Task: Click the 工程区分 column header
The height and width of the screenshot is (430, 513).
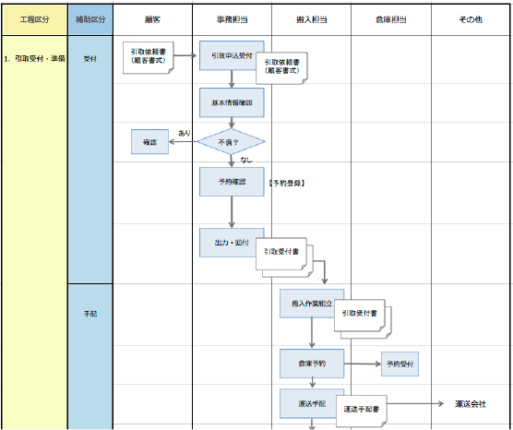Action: pyautogui.click(x=34, y=19)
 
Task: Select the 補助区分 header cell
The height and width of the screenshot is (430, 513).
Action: pyautogui.click(x=90, y=19)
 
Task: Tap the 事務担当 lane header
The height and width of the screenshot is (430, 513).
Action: pyautogui.click(x=232, y=19)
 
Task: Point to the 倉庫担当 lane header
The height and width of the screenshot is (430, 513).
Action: pyautogui.click(x=390, y=19)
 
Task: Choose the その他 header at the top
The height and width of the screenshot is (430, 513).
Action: pyautogui.click(x=471, y=19)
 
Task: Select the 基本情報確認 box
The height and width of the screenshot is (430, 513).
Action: pyautogui.click(x=232, y=102)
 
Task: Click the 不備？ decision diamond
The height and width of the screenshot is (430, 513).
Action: pyautogui.click(x=231, y=143)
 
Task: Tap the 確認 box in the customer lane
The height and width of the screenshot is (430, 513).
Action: pyautogui.click(x=149, y=143)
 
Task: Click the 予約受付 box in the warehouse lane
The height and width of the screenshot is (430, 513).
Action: pyautogui.click(x=398, y=364)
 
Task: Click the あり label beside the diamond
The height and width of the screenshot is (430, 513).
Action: pyautogui.click(x=185, y=134)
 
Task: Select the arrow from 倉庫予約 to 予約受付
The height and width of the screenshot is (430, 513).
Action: pyautogui.click(x=362, y=364)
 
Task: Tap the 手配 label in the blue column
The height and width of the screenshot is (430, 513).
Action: pyautogui.click(x=90, y=314)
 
